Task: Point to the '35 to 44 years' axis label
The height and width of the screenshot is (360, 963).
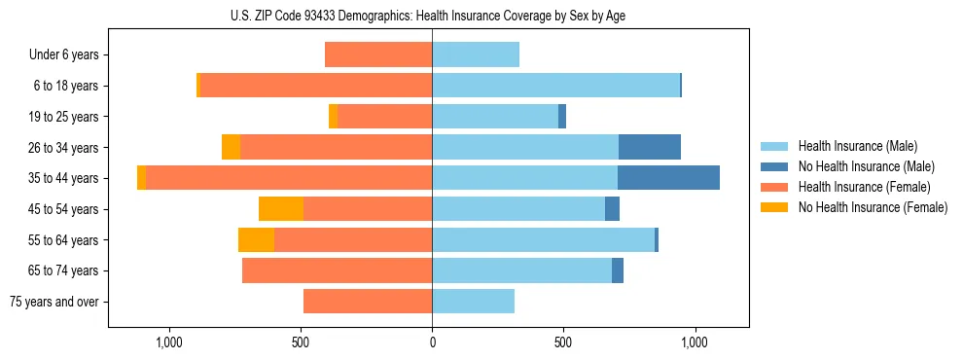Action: point(63,178)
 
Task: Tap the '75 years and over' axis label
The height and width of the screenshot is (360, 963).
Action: point(54,302)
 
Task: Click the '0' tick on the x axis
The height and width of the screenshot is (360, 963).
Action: point(432,343)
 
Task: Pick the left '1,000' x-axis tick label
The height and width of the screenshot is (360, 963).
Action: point(169,343)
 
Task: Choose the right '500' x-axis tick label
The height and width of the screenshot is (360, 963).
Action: point(563,343)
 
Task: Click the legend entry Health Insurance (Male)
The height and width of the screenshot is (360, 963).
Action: point(857,146)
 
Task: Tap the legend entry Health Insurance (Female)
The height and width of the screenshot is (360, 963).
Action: point(864,187)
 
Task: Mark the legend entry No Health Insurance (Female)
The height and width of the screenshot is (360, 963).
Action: point(873,207)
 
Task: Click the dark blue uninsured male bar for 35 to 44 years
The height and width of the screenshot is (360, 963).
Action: point(668,178)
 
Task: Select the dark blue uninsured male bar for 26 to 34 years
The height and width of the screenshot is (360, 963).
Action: point(650,147)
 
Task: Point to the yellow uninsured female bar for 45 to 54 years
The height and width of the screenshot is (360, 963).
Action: point(281,209)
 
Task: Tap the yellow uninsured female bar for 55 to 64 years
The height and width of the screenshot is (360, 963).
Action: point(256,240)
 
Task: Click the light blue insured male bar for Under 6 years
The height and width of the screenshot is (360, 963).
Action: point(476,54)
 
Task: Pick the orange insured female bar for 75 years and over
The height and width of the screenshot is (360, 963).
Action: point(368,302)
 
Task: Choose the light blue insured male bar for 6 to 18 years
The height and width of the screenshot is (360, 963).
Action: point(555,86)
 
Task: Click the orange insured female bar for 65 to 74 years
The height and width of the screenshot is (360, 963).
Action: point(337,270)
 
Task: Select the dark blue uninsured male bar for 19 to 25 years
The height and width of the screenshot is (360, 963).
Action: point(562,117)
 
